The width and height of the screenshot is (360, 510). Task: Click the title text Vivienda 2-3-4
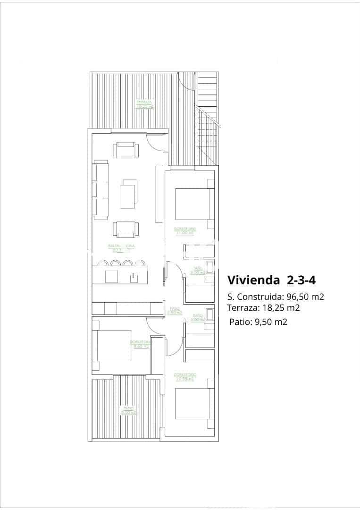271,280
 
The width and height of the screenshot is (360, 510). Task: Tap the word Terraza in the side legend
242,308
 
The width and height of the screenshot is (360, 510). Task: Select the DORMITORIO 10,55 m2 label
185,377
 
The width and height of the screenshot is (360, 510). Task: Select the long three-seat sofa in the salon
101,190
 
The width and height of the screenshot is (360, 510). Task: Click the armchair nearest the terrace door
126,151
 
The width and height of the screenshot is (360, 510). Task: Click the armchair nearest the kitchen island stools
126,229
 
